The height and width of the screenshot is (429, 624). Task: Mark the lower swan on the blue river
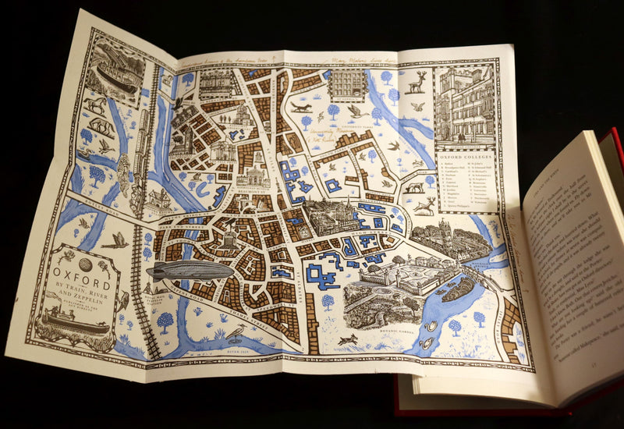pyautogui.click(x=426, y=342)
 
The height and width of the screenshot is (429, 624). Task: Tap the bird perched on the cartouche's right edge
pyautogui.click(x=122, y=300)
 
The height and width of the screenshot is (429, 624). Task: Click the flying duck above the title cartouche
pyautogui.click(x=115, y=242)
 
